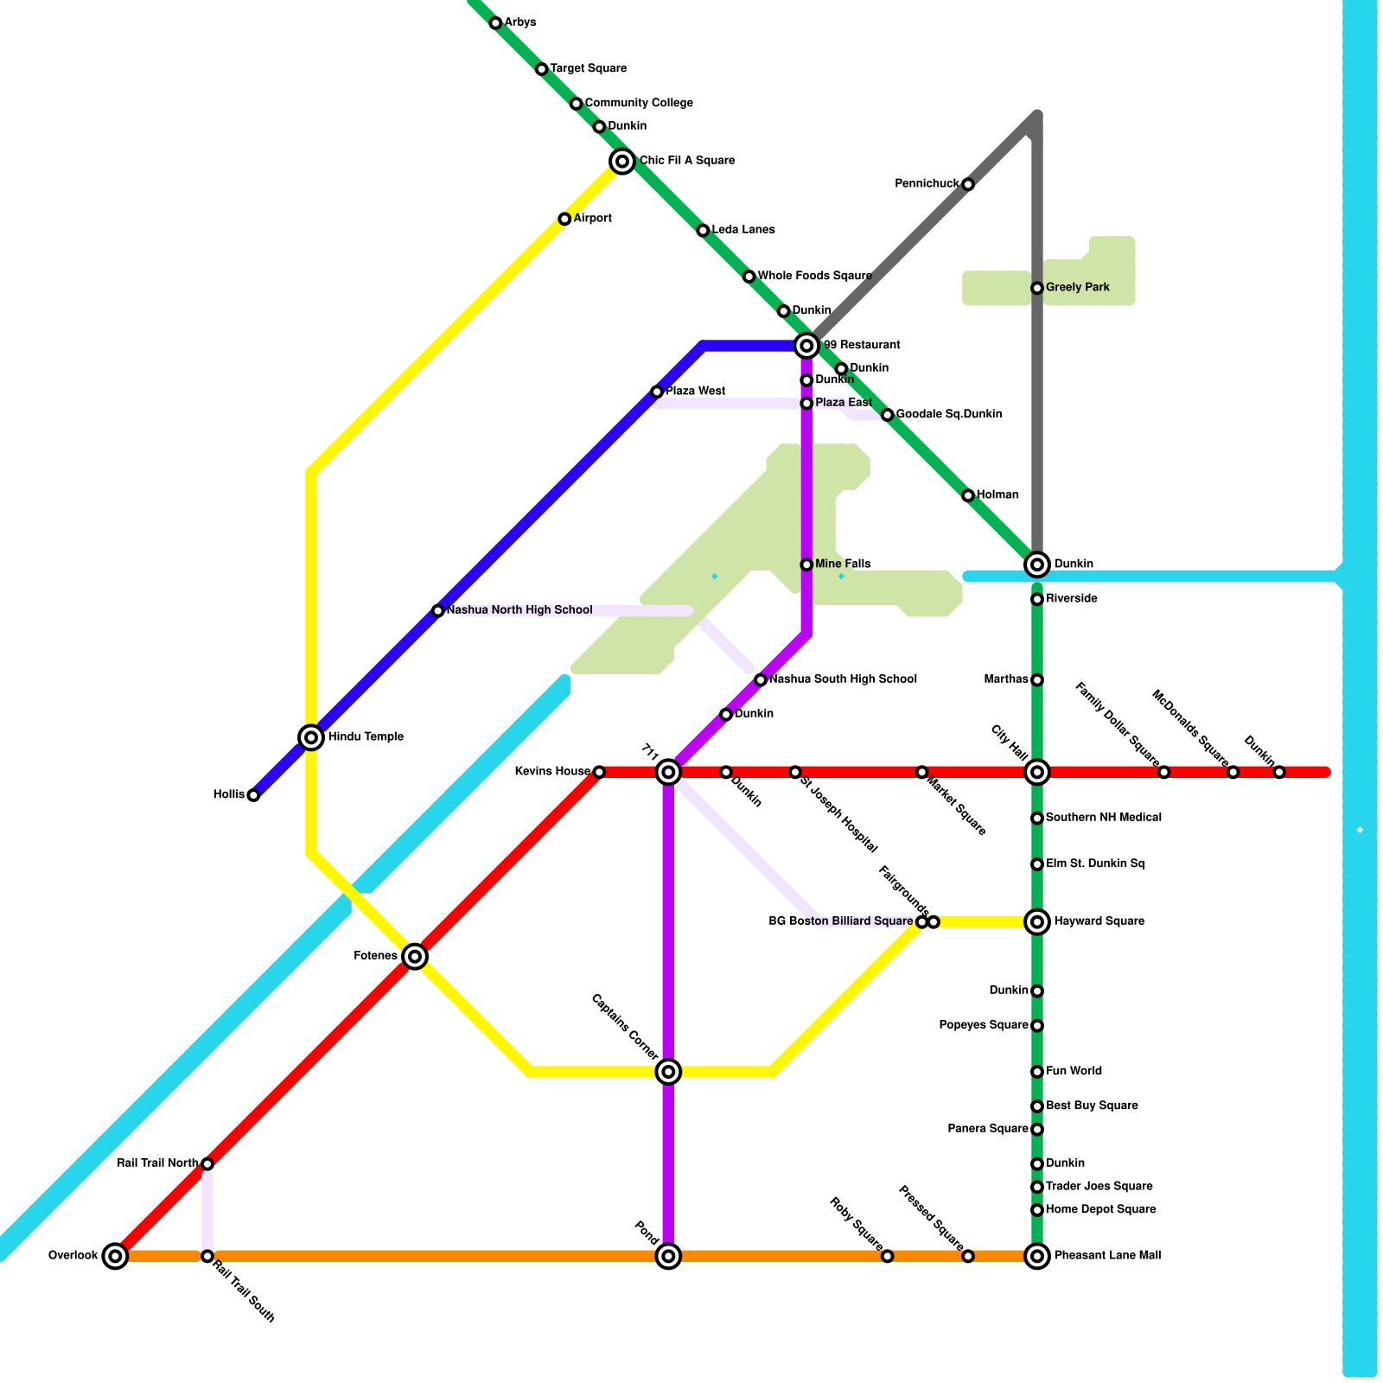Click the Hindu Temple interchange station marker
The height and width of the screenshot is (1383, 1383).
click(311, 737)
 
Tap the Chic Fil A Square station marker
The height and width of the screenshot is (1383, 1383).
click(622, 161)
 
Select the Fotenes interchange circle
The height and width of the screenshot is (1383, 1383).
click(415, 956)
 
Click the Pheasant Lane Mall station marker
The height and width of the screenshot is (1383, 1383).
click(1037, 1256)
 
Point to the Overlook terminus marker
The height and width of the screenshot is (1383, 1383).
click(115, 1256)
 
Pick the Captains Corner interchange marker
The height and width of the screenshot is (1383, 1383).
click(668, 1072)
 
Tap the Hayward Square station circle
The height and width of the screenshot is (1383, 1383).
click(1037, 921)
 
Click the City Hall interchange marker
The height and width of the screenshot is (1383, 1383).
click(1037, 772)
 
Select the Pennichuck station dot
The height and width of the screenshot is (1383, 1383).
click(968, 184)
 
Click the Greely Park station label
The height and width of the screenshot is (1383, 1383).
click(1077, 287)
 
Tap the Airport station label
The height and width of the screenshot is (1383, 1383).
click(592, 219)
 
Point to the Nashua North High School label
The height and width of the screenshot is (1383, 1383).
click(519, 610)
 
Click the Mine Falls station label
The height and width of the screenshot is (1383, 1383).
click(843, 564)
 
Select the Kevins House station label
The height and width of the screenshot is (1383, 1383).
click(552, 772)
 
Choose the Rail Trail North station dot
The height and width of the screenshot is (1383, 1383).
click(207, 1163)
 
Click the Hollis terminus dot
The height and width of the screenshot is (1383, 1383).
click(253, 795)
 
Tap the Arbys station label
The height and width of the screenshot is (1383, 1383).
click(520, 22)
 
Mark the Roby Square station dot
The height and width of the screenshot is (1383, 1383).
click(887, 1256)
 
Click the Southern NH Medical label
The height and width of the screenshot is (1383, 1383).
click(1103, 818)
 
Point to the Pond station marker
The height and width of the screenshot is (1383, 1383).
click(668, 1256)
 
